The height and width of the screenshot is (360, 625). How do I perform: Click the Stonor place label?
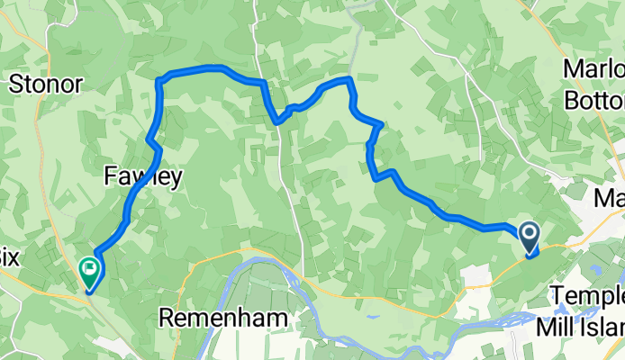[x=46, y=85]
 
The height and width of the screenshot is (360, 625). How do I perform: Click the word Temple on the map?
[x=586, y=295]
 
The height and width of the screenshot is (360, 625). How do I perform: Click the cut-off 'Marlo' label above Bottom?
[x=593, y=69]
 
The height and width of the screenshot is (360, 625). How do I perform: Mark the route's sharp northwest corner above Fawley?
[x=159, y=82]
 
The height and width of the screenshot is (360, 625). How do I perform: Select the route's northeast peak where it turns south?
[x=349, y=80]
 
